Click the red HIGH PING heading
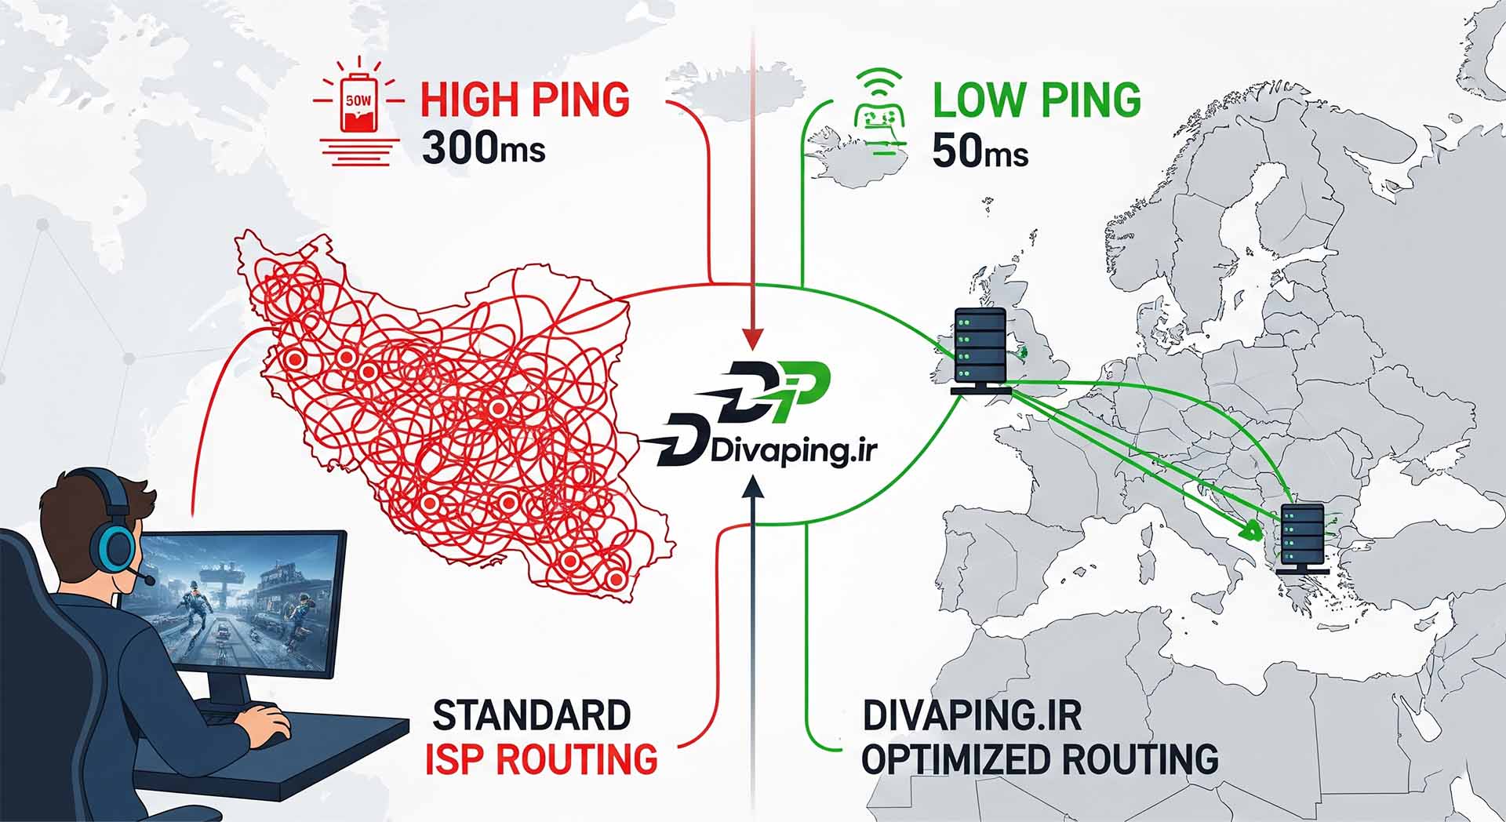[525, 100]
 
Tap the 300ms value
[483, 147]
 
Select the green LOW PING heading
[1036, 100]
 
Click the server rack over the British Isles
[980, 350]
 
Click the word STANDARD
[532, 715]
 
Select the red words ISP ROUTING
[541, 759]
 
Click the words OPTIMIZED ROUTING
[1040, 759]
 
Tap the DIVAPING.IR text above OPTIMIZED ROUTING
[972, 715]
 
